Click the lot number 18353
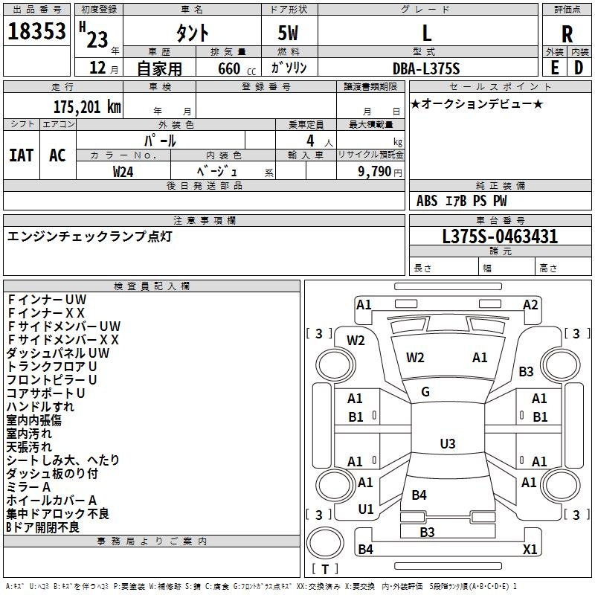pyautogui.click(x=36, y=33)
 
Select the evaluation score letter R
pyautogui.click(x=567, y=34)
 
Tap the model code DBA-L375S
pyautogui.click(x=426, y=68)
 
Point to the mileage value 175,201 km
pyautogui.click(x=86, y=107)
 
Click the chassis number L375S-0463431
pyautogui.click(x=500, y=237)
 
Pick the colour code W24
pyautogui.click(x=123, y=171)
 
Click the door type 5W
pyautogui.click(x=289, y=33)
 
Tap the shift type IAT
pyautogui.click(x=21, y=155)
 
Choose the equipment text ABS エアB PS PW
pyautogui.click(x=462, y=201)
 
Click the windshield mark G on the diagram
pyautogui.click(x=425, y=392)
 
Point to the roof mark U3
pyautogui.click(x=447, y=444)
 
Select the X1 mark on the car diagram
pyautogui.click(x=530, y=550)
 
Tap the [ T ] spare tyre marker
pyautogui.click(x=325, y=569)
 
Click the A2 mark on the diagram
pyautogui.click(x=530, y=304)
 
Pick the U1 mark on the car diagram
pyautogui.click(x=365, y=509)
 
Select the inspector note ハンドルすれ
pyautogui.click(x=40, y=407)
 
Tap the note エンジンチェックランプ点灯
pyautogui.click(x=89, y=237)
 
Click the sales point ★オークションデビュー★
pyautogui.click(x=477, y=103)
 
